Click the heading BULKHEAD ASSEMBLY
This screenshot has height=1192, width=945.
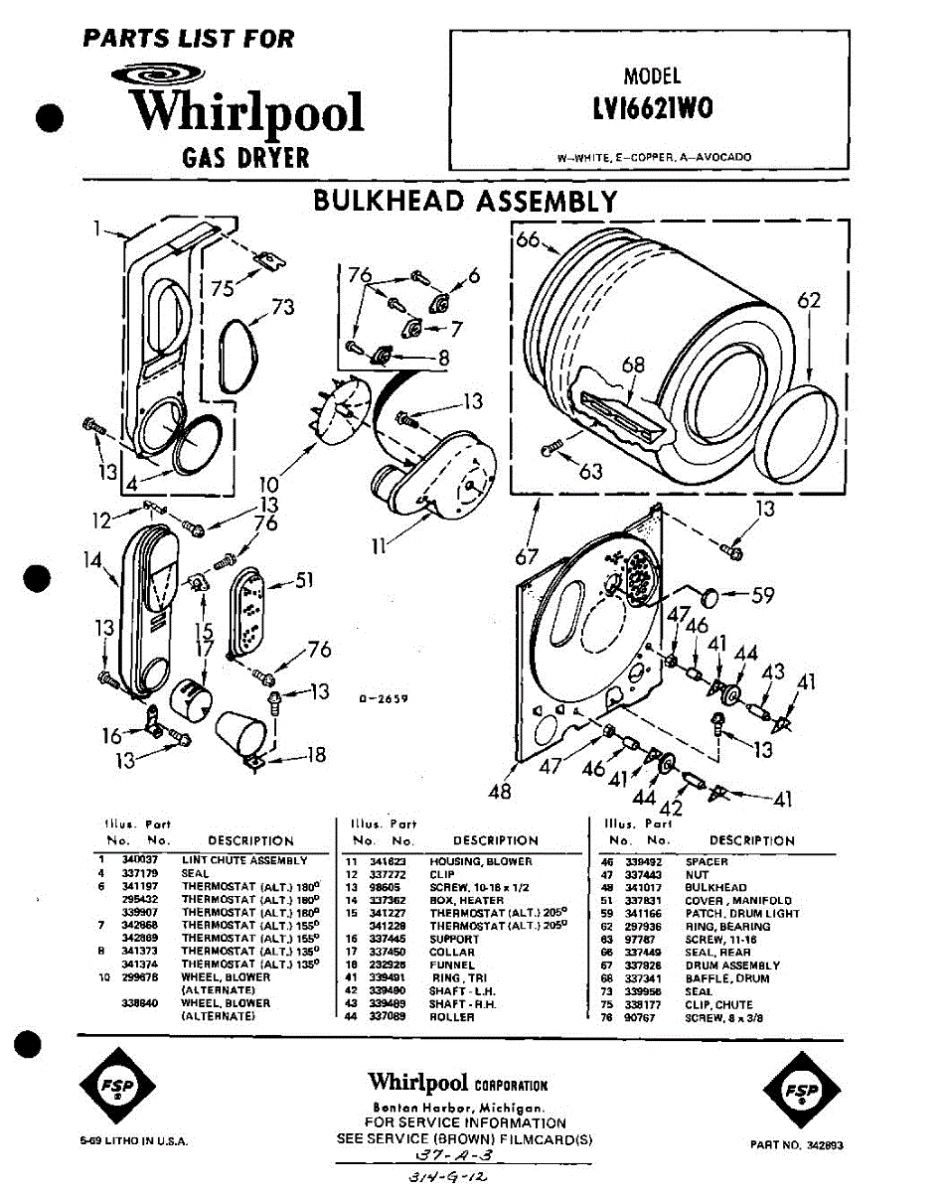tap(464, 202)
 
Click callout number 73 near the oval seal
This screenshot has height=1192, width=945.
tap(282, 308)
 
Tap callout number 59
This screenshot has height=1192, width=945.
tap(762, 597)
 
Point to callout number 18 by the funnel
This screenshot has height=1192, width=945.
tap(315, 755)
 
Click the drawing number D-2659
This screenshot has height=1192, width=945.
tap(384, 699)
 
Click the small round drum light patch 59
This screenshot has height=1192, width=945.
tap(710, 596)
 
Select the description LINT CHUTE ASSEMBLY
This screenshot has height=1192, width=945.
tap(244, 860)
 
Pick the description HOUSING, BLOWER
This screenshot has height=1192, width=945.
tap(481, 861)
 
